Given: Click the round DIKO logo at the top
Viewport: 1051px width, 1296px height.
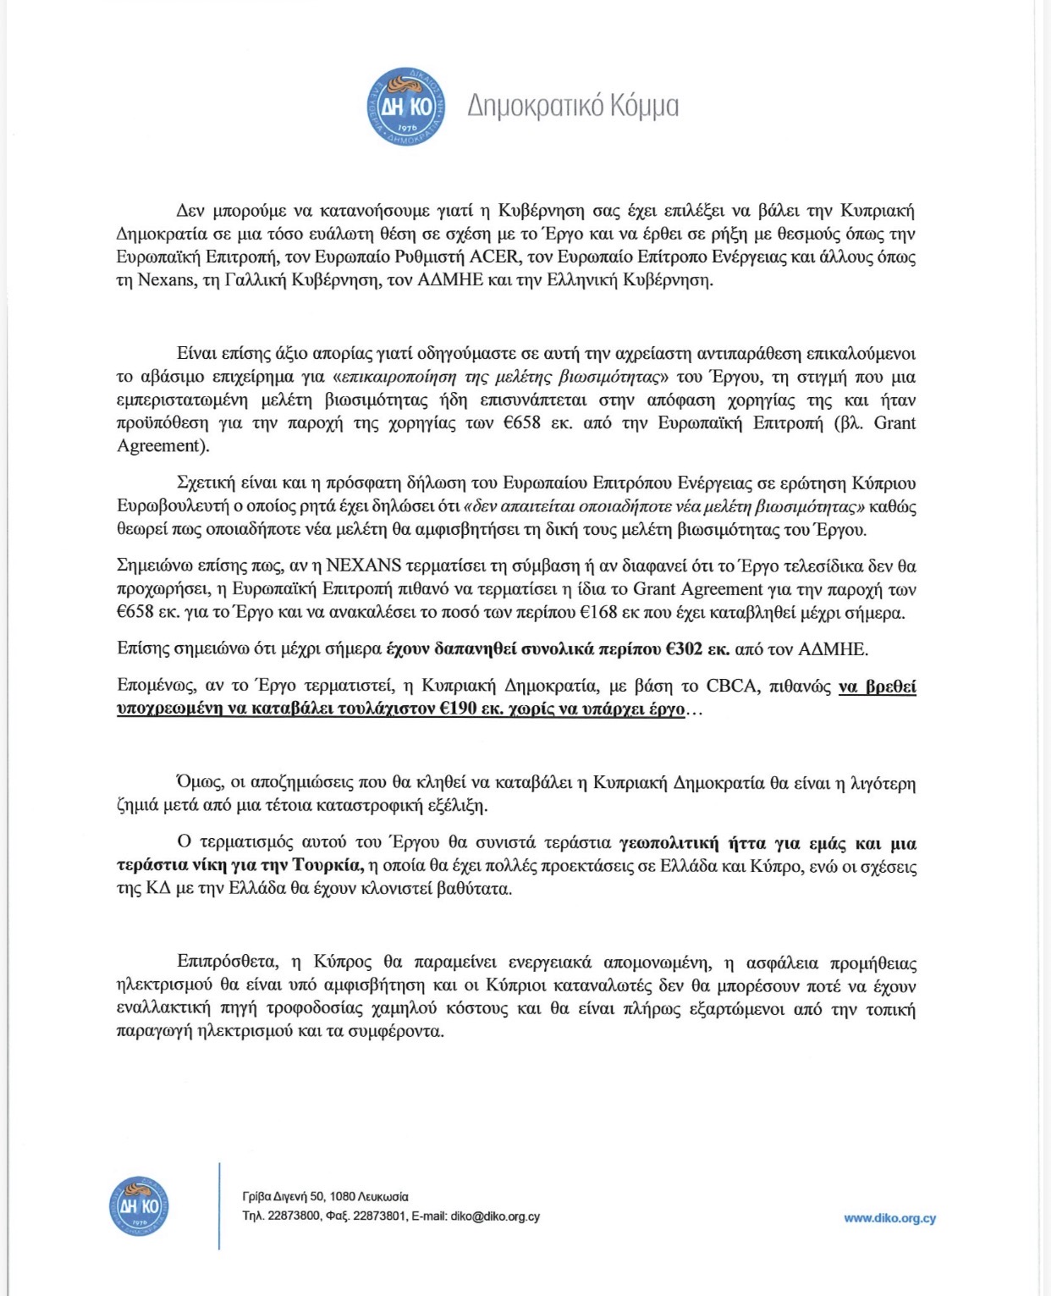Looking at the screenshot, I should [406, 107].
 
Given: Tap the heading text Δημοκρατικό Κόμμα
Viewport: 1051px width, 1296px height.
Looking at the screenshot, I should [573, 107].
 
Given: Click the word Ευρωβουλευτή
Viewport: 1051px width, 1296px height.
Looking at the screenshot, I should [166, 506].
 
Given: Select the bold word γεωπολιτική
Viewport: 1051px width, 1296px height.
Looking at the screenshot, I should [669, 842].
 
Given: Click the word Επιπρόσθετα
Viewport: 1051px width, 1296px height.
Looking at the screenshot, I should [228, 962].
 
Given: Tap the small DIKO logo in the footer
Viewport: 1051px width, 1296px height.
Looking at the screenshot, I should [139, 1205].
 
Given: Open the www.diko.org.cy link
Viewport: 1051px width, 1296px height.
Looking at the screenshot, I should [889, 1218].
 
